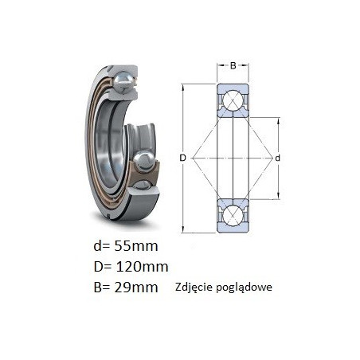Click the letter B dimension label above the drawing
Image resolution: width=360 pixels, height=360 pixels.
pos(233,65)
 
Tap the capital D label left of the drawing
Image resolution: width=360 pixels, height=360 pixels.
pos(182,158)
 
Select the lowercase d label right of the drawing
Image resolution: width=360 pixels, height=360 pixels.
pos(277,158)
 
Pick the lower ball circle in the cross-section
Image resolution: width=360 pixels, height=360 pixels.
pos(233,216)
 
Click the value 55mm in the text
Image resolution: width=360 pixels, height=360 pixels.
pos(136,246)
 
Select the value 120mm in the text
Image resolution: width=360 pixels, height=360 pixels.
pos(142,267)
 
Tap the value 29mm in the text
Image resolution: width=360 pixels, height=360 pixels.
pos(136,288)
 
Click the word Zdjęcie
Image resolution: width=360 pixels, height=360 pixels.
pos(194,288)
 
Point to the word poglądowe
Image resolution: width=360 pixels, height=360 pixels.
pos(244,288)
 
